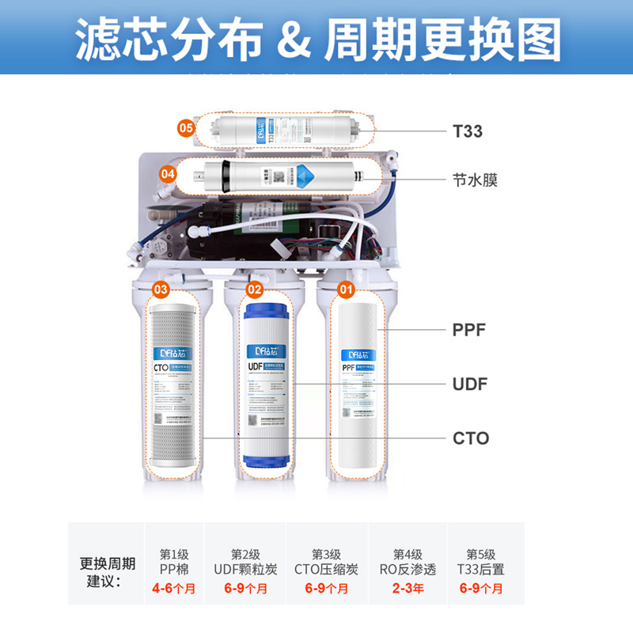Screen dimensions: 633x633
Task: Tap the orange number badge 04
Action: click(x=168, y=172)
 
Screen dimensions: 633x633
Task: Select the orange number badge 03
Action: click(x=161, y=290)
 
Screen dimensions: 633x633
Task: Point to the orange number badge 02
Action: click(x=255, y=290)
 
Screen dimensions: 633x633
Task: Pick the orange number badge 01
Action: click(x=346, y=290)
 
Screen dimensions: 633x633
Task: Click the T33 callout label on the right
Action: click(x=468, y=131)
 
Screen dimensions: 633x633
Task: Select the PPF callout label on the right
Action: click(x=469, y=330)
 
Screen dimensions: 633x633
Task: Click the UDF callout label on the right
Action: click(x=469, y=385)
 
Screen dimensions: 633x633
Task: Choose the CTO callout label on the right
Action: click(x=470, y=438)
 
